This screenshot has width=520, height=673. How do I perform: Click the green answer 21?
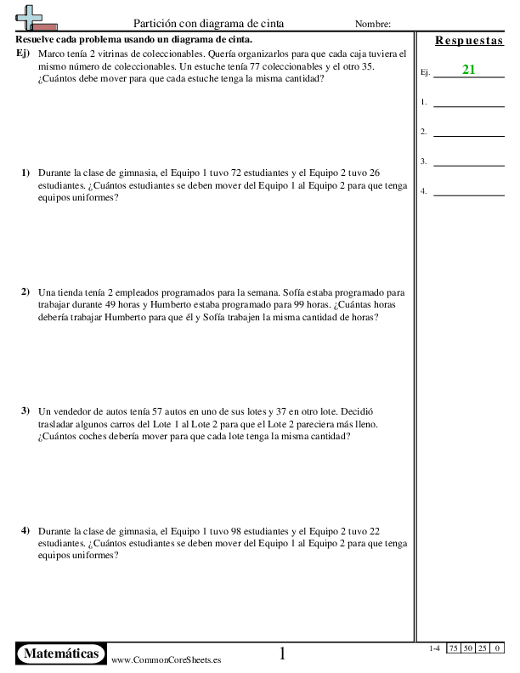[x=468, y=70]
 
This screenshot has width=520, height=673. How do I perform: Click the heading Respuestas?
[x=468, y=41]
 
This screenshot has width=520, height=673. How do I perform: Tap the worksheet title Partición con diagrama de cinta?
[x=209, y=24]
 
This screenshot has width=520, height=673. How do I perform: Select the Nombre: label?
[x=373, y=24]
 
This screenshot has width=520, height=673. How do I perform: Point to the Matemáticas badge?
[x=60, y=653]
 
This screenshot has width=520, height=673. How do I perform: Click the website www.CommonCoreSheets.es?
[x=167, y=659]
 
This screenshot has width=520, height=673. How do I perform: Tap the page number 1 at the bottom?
[x=283, y=653]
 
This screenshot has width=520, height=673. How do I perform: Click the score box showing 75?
[x=455, y=648]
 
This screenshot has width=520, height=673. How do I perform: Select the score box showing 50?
[x=468, y=648]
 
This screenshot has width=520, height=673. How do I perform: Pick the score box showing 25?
[x=482, y=648]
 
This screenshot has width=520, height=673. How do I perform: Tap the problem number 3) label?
[x=25, y=410]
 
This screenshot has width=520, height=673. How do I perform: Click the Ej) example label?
[x=24, y=53]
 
